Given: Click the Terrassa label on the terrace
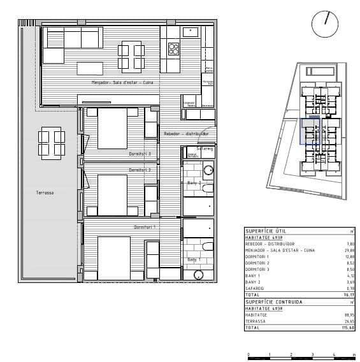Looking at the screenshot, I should (45, 192).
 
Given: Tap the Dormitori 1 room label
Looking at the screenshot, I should (145, 227).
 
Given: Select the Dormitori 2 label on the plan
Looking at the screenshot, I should (140, 170).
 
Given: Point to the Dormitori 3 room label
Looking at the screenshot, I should (140, 154).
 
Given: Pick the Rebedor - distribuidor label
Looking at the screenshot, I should (187, 134).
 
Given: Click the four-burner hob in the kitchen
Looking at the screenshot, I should (173, 48).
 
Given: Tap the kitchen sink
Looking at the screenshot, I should (191, 31).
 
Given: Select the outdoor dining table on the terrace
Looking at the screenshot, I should (51, 142).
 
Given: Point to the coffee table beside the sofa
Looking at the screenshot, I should (90, 67).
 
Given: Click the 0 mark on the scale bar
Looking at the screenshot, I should (247, 353).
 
